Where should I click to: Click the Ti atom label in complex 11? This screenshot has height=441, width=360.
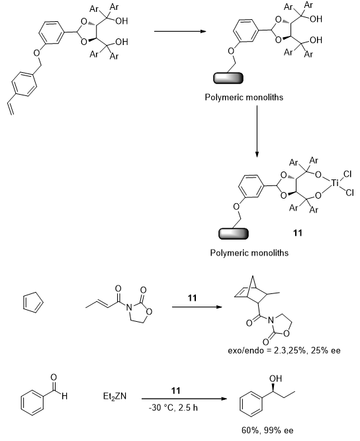(334, 183)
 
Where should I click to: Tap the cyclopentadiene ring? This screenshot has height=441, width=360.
(33, 303)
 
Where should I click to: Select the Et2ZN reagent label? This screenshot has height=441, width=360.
(114, 397)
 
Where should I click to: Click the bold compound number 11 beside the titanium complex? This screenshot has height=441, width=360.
(297, 233)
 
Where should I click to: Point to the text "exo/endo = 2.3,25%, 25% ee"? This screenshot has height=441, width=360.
(284, 351)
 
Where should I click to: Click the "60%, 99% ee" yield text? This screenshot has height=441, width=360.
(267, 430)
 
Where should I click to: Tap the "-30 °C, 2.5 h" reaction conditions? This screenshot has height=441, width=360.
(173, 407)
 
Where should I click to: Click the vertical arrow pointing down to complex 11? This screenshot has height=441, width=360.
(257, 132)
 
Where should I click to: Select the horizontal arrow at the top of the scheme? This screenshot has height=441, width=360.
(180, 31)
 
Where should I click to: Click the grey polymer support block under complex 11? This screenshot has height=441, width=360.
(233, 234)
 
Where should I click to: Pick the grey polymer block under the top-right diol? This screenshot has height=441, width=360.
(228, 78)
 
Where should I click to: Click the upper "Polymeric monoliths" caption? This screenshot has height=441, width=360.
(244, 97)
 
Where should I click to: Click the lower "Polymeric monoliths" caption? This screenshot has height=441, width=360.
(249, 253)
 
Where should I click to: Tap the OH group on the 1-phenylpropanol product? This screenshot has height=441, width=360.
(275, 379)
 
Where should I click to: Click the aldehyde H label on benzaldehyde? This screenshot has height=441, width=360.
(64, 397)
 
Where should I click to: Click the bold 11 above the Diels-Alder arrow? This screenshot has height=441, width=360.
(192, 298)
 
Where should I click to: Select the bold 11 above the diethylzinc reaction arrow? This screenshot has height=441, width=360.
(175, 391)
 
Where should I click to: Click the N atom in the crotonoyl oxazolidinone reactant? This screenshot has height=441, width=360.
(128, 307)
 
